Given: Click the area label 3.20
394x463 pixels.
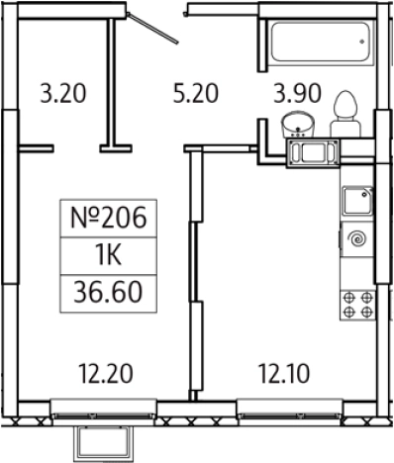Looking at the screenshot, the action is [63, 94].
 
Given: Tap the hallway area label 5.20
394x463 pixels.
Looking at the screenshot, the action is [196, 94].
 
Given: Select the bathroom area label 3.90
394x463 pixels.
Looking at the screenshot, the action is [297, 94].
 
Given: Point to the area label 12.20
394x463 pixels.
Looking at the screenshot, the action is [106, 374].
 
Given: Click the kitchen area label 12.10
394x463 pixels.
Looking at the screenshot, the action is [284, 374].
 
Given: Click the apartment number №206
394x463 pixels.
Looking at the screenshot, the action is [108, 218].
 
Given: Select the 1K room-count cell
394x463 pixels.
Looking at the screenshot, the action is [109, 255].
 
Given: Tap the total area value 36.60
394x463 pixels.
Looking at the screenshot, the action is [108, 293].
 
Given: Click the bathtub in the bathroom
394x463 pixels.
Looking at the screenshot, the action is [320, 42].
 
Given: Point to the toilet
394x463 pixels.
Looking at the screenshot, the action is [345, 114].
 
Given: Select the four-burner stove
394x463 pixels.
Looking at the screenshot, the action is [357, 305].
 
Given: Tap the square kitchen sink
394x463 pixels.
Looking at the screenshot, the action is [357, 201].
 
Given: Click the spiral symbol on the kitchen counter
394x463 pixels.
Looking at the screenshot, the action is [358, 238].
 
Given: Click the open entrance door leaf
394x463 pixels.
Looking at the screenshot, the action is [152, 28].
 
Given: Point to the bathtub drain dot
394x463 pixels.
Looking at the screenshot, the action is [362, 42].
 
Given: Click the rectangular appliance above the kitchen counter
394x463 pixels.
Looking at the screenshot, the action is [313, 153].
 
